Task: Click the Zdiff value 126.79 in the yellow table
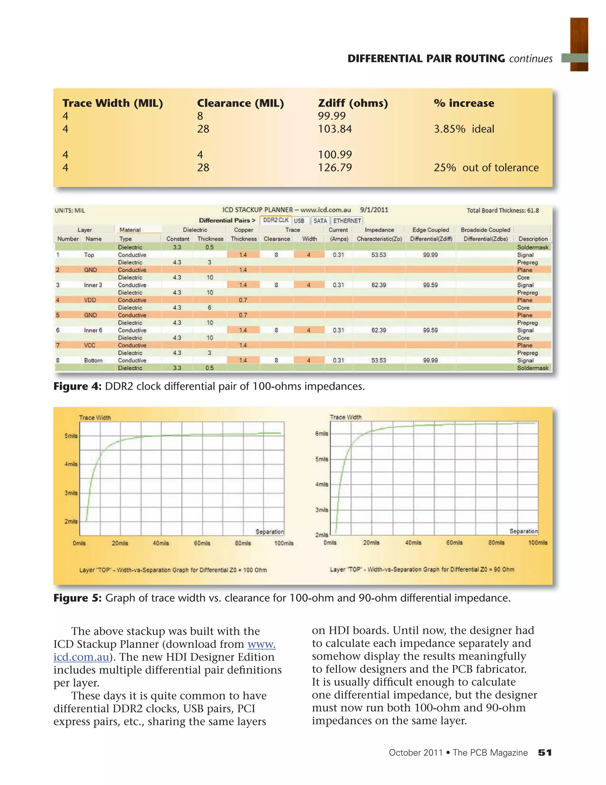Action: [x=335, y=167]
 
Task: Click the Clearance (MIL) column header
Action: [x=240, y=103]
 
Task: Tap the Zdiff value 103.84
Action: [x=335, y=129]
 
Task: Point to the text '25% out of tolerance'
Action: [x=486, y=167]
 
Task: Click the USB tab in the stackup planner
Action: [x=299, y=221]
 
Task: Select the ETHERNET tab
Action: [x=347, y=221]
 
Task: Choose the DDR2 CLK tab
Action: [x=276, y=220]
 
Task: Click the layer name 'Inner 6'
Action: [x=93, y=330]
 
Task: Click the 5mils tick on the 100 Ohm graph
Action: [x=71, y=436]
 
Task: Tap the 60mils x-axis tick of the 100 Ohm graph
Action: [x=202, y=543]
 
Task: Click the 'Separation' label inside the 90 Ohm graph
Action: [x=523, y=531]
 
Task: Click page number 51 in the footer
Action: [x=544, y=753]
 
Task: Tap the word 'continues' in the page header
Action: [x=531, y=59]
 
